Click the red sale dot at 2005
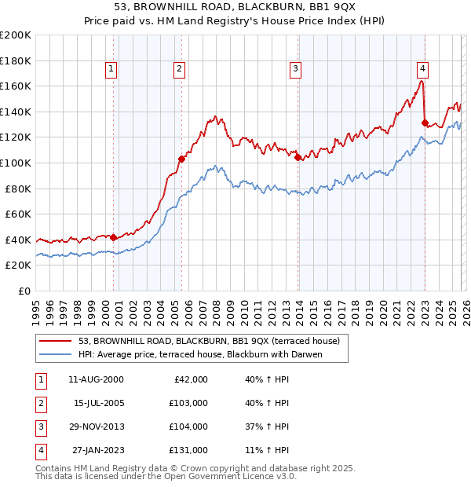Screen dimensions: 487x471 pos(181,159)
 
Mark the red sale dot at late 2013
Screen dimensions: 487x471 pos(298,157)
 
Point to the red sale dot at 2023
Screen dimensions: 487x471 pos(425,123)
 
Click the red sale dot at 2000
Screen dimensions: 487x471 pos(114,236)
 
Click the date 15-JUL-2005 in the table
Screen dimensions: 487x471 pos(99,403)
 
